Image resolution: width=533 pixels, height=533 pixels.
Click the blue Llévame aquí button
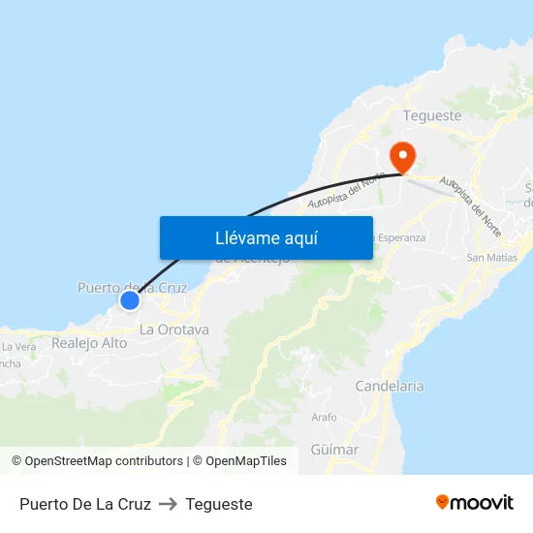[x=266, y=237]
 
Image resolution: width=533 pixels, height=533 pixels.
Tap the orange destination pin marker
[x=400, y=156]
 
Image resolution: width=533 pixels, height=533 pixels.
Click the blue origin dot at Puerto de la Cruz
[x=129, y=300]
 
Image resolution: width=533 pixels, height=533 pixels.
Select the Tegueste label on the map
[x=432, y=115]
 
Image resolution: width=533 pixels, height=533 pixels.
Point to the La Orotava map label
[x=174, y=329]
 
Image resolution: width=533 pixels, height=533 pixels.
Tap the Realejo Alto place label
[x=89, y=343]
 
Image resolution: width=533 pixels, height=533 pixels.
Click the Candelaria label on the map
[x=390, y=386]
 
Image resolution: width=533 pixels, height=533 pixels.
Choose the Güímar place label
[x=335, y=450]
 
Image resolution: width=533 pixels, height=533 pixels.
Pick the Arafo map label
[x=325, y=418]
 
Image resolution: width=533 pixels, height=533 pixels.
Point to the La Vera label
[x=18, y=346]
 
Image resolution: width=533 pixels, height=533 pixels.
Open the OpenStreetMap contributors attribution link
[x=97, y=461]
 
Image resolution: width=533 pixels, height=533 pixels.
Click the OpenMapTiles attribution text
[x=246, y=461]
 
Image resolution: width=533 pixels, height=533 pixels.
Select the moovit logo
[x=475, y=503]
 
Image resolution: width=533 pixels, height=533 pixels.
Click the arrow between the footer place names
[x=168, y=504]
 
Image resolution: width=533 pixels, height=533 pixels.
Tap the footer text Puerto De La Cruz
[x=85, y=504]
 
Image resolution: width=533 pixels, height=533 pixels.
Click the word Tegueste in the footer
[x=219, y=504]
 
